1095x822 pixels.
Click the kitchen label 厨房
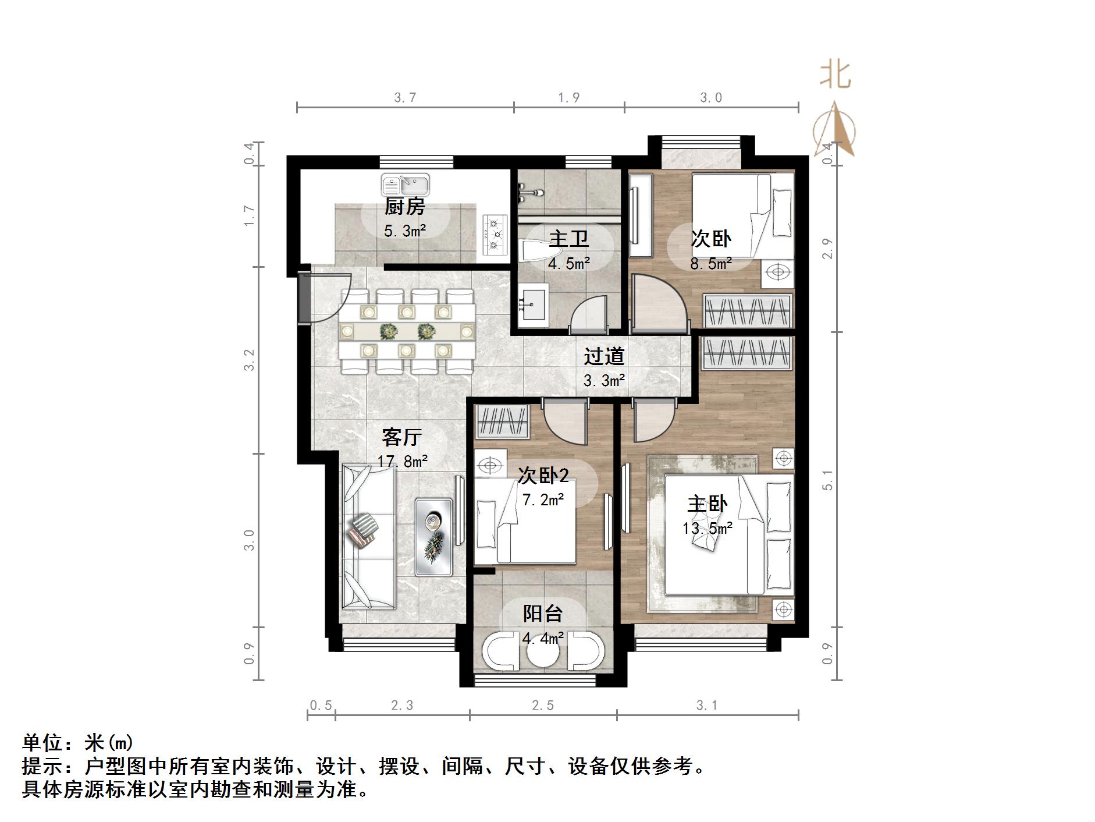[x=404, y=206]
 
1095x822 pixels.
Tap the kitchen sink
[x=406, y=185]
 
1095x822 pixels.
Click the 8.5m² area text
[x=710, y=264]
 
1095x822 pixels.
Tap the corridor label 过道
[x=604, y=356]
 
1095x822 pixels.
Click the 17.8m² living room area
[x=402, y=462]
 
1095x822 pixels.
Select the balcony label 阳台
[x=542, y=613]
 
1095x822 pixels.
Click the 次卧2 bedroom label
[x=543, y=476]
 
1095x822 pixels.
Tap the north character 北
[x=836, y=75]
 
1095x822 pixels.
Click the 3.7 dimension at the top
[x=405, y=97]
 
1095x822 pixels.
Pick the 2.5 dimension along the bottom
[x=542, y=706]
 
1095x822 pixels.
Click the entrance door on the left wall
[x=304, y=297]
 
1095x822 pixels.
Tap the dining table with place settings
[x=407, y=331]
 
